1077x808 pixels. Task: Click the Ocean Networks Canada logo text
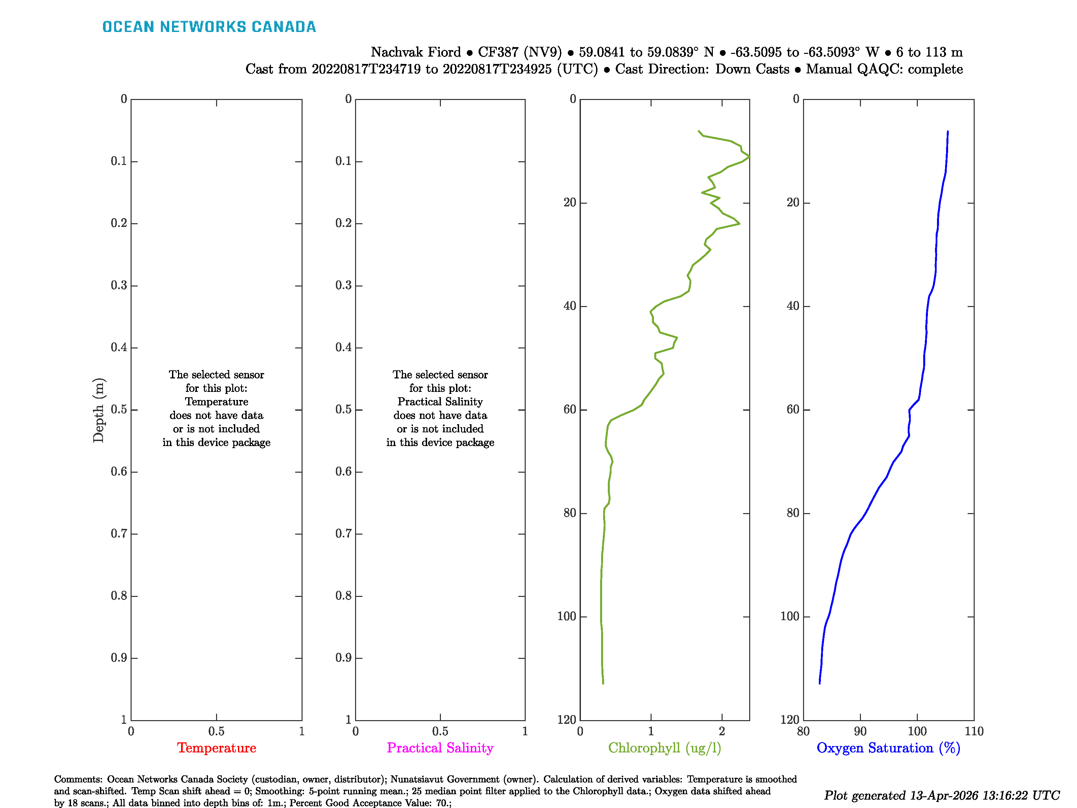(209, 27)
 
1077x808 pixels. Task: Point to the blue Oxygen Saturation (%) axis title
(888, 748)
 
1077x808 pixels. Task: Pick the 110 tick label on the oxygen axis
(974, 731)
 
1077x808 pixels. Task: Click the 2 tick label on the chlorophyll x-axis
(722, 731)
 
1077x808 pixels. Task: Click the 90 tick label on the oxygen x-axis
(860, 731)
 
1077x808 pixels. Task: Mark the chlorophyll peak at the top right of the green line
(749, 156)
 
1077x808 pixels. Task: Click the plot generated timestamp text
(941, 795)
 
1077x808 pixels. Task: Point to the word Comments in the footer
(78, 779)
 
